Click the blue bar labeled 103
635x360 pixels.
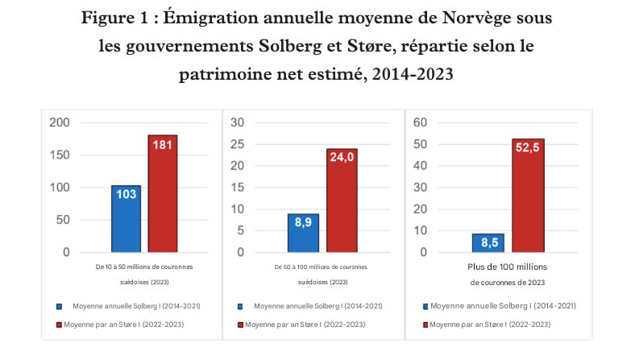(126, 219)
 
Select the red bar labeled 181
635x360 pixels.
(162, 193)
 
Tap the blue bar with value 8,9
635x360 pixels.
(303, 233)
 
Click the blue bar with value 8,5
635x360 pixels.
(486, 242)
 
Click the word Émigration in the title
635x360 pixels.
(212, 19)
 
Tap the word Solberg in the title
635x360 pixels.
(266, 47)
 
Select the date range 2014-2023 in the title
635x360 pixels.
(412, 74)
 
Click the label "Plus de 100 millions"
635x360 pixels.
(508, 267)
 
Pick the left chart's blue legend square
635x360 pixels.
(58, 306)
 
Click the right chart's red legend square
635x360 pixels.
(425, 325)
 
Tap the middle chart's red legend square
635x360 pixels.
(241, 325)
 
